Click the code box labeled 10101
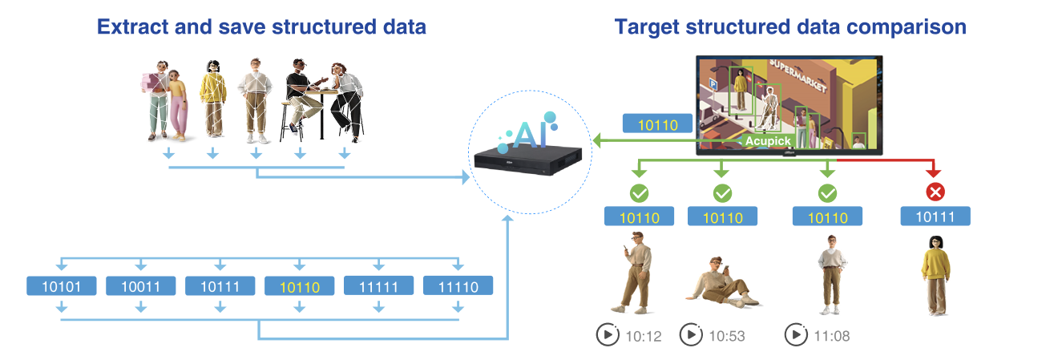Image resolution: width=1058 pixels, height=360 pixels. tap(62, 286)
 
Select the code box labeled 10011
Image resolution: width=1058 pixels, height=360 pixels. tap(141, 286)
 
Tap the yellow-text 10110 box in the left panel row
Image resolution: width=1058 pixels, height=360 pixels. tap(299, 286)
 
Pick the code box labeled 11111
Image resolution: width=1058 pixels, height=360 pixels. tap(378, 286)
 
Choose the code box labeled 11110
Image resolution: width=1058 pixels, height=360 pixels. tap(458, 286)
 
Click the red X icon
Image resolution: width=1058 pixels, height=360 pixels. tap(935, 192)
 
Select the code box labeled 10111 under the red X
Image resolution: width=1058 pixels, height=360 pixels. tap(935, 216)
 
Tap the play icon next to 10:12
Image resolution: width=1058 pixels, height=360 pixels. tap(607, 335)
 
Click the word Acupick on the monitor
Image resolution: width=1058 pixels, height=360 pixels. tap(767, 141)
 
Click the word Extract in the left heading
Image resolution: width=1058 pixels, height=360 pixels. tap(128, 26)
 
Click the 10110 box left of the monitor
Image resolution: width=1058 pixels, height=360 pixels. tap(657, 123)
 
